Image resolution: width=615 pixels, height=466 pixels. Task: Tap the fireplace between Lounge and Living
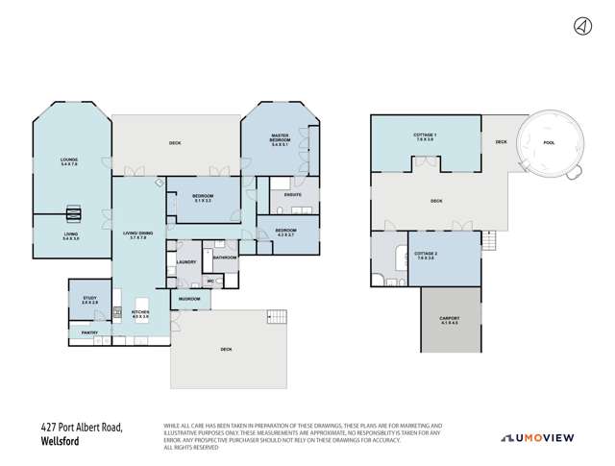[73, 214]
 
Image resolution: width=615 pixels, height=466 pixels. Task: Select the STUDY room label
[89, 300]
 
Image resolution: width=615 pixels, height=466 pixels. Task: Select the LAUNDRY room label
[186, 261]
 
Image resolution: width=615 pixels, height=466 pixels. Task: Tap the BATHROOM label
[225, 257]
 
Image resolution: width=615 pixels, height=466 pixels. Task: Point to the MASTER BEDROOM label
[280, 140]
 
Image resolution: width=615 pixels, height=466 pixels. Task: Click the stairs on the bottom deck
[276, 317]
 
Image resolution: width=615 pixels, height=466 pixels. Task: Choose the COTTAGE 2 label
[425, 254]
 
